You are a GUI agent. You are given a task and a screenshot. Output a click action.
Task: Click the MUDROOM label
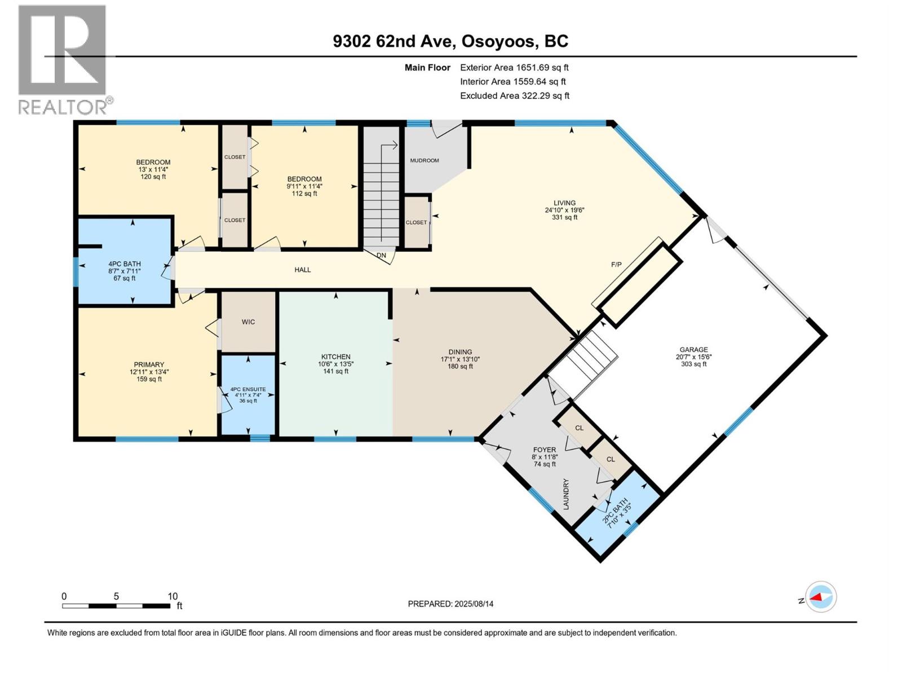click(424, 160)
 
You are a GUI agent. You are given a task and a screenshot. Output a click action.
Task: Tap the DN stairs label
click(382, 256)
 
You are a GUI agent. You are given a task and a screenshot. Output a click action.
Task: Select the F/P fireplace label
click(616, 264)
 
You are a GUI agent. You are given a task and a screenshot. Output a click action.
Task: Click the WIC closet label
click(248, 322)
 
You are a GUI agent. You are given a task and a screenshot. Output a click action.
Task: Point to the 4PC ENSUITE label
click(248, 389)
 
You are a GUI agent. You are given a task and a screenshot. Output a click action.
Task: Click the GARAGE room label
click(693, 350)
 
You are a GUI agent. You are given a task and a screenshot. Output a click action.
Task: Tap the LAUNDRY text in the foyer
click(566, 494)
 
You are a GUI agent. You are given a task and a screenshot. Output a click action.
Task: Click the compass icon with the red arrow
click(821, 597)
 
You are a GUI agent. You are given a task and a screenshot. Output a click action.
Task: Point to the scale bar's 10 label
click(173, 596)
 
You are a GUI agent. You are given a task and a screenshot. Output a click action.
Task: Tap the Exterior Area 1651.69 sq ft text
click(514, 67)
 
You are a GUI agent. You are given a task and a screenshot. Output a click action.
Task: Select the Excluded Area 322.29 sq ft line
click(515, 95)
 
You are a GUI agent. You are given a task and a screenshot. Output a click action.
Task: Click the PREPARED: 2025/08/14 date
click(450, 604)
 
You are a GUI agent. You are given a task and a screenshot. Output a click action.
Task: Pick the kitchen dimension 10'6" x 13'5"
click(335, 364)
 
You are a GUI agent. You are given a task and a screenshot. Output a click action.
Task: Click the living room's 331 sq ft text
click(564, 217)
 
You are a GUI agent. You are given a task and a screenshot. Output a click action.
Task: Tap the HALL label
click(303, 270)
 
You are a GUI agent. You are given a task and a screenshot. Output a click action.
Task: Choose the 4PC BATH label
click(125, 263)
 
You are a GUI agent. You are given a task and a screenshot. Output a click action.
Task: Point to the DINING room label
click(460, 351)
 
